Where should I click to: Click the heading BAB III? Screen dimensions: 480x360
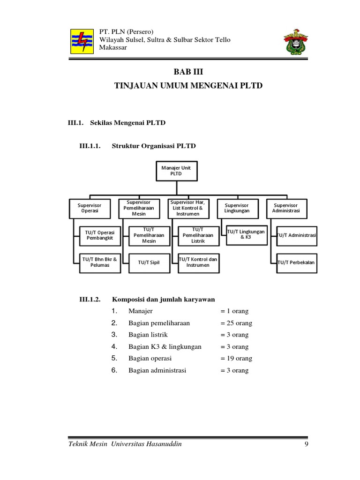[189, 71]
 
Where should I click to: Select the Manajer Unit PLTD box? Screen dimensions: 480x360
[176, 171]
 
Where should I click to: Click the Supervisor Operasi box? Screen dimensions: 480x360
[90, 208]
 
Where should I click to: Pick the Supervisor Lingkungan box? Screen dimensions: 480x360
[237, 208]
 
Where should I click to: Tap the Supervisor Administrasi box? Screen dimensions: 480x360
[286, 208]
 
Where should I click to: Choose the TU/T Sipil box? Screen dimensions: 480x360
[149, 262]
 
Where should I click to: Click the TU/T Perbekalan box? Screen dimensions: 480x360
[296, 262]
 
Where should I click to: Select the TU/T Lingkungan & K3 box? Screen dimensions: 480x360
[246, 234]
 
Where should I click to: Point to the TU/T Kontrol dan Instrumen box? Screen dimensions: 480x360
[198, 262]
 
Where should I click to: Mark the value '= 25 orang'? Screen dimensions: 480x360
[236, 323]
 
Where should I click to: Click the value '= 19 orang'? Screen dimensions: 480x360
[236, 359]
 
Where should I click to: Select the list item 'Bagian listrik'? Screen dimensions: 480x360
[148, 335]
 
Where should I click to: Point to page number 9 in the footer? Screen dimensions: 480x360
[306, 444]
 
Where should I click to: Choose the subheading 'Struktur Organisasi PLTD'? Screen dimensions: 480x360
[154, 146]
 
